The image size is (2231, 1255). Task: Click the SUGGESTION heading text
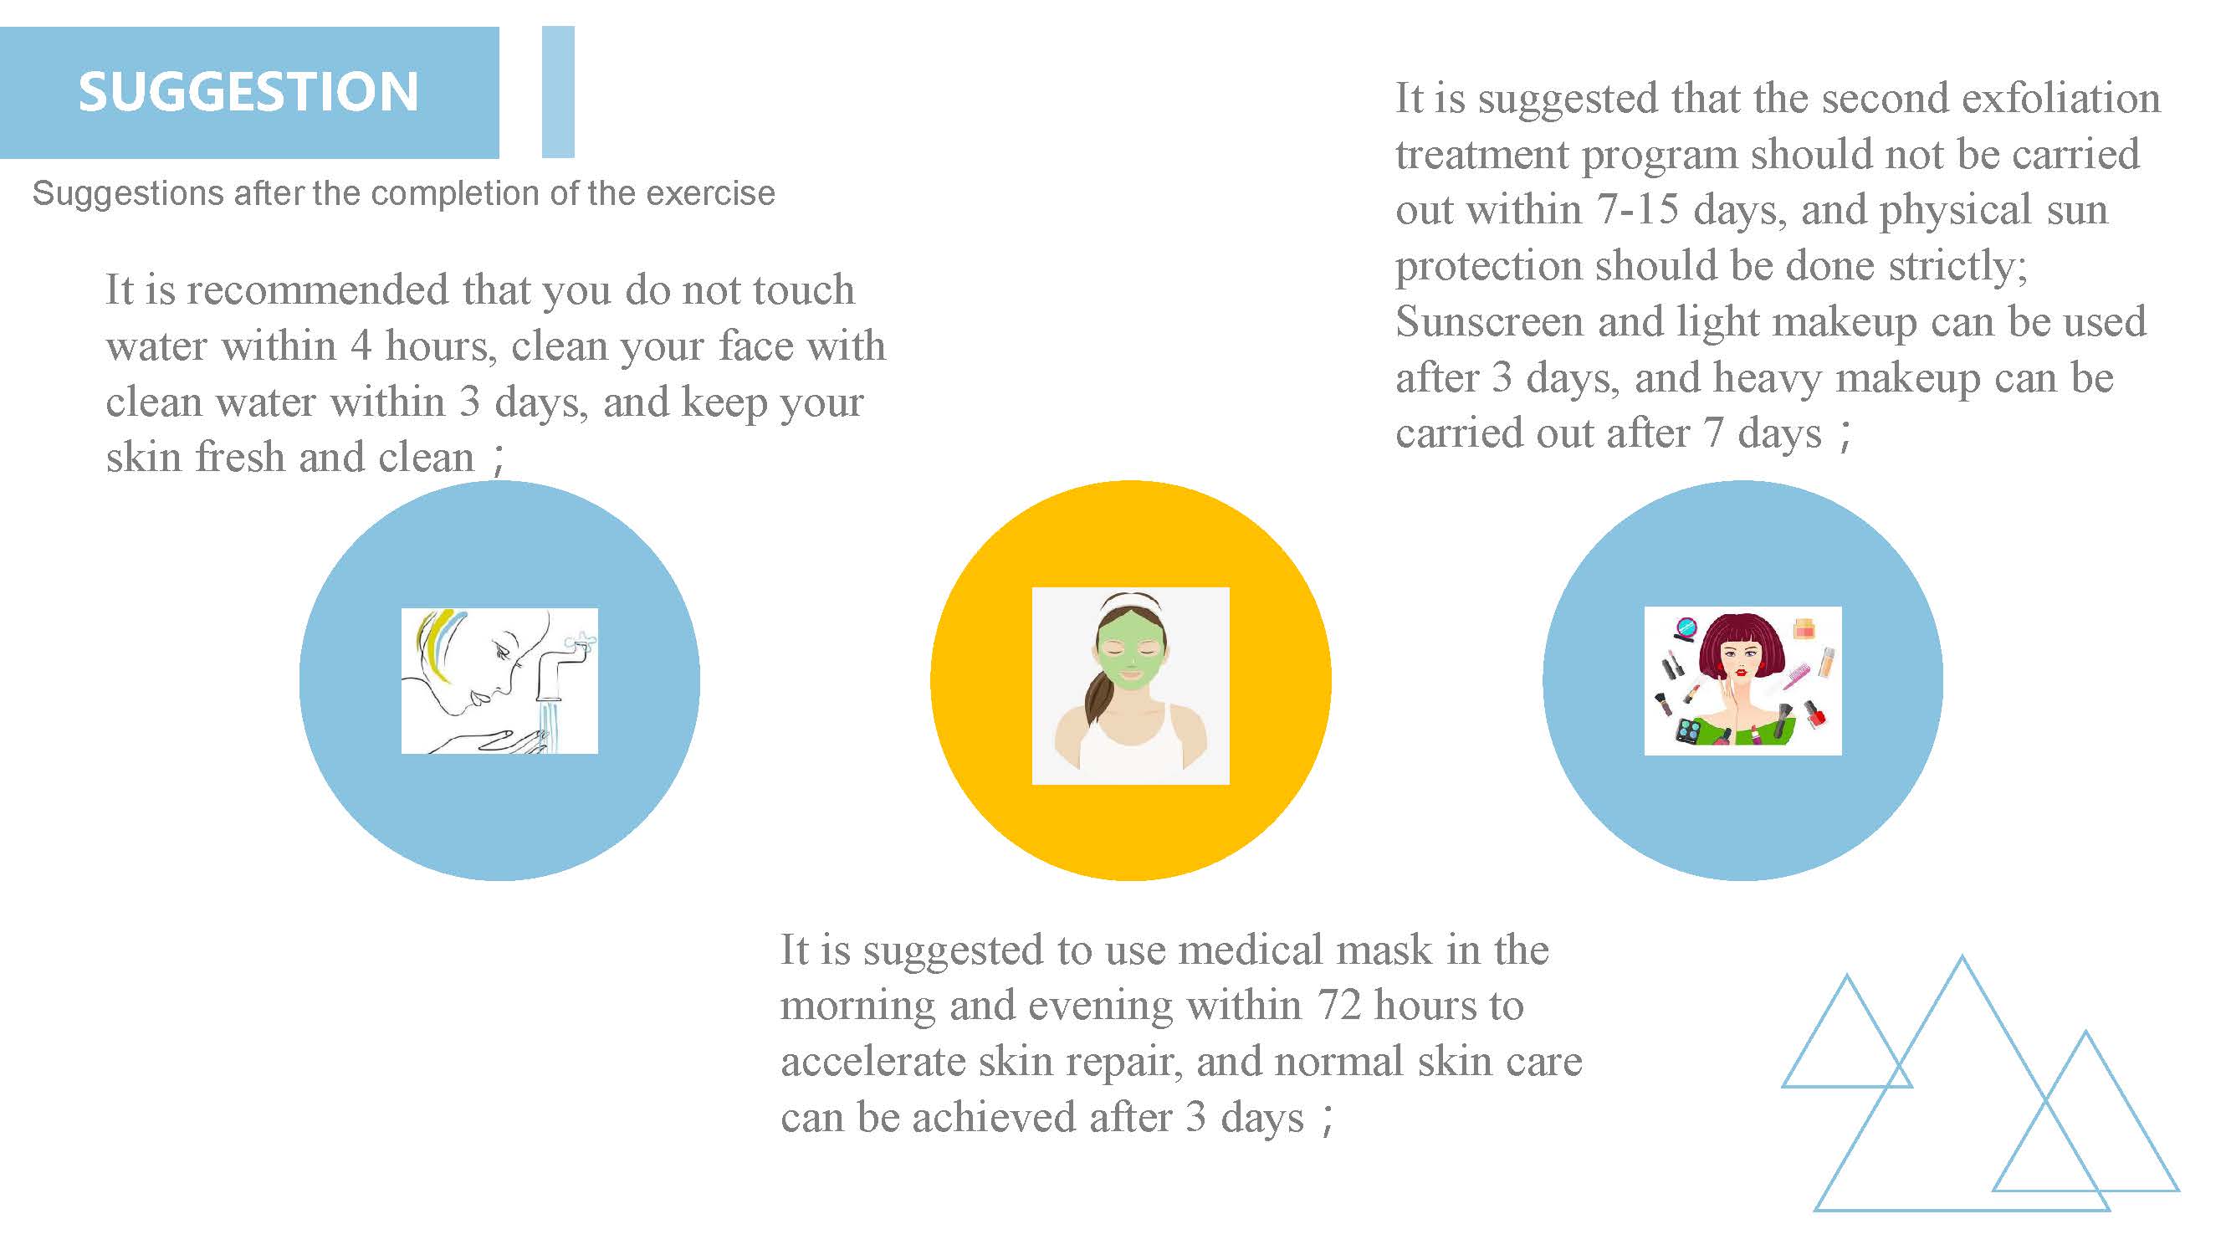coord(248,92)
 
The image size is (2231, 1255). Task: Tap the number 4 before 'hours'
coord(361,346)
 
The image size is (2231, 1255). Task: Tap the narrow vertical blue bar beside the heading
coord(558,92)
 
